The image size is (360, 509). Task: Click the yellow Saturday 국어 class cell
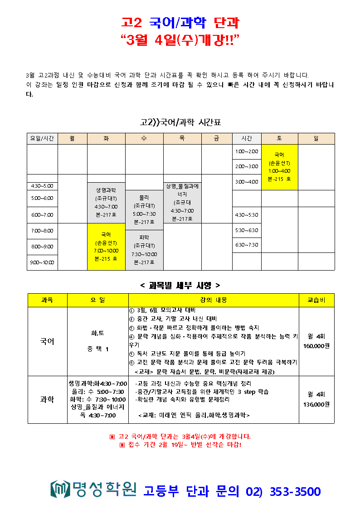click(x=279, y=167)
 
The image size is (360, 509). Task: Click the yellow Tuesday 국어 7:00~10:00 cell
click(x=106, y=247)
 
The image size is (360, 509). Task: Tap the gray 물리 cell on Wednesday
click(x=144, y=210)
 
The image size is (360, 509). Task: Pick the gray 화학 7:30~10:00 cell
click(x=144, y=250)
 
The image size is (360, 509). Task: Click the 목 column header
click(x=182, y=139)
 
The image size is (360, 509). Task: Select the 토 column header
click(x=279, y=139)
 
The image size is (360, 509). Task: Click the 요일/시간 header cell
click(x=42, y=139)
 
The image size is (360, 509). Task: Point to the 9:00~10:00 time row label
click(x=42, y=262)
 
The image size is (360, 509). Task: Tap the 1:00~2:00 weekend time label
click(x=247, y=151)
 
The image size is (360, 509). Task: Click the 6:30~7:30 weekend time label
click(x=247, y=245)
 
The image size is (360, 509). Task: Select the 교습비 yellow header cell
click(x=316, y=300)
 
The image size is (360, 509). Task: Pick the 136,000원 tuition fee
click(x=316, y=404)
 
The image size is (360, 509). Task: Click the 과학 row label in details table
click(x=47, y=399)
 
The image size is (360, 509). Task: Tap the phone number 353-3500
click(x=295, y=491)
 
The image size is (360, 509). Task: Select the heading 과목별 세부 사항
click(x=180, y=285)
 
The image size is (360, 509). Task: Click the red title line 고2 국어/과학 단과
click(x=180, y=22)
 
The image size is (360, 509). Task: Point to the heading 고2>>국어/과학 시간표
click(x=180, y=122)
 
